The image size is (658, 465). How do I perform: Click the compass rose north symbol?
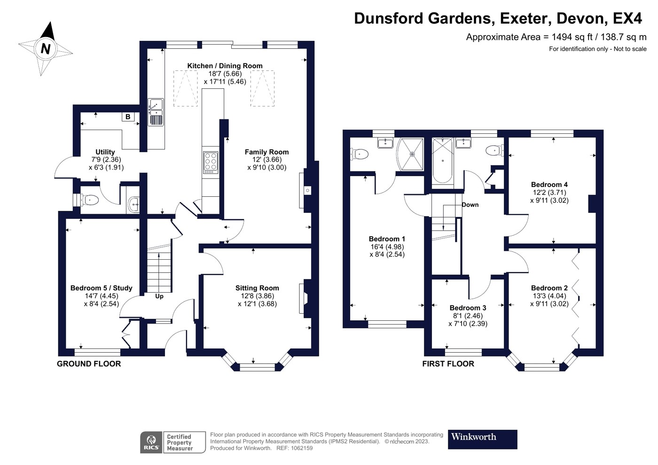coord(46,48)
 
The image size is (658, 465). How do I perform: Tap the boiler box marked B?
coord(128,117)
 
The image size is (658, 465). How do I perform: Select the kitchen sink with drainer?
coord(156,112)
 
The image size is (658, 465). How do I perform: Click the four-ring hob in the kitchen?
coord(211,162)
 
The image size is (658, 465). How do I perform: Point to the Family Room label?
coord(266,152)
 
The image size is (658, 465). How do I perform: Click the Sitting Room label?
coord(257,288)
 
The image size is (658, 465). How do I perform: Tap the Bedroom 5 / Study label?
coord(101,288)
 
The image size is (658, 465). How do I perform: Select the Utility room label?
coord(105,152)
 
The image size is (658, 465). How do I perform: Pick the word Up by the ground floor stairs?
coord(159,296)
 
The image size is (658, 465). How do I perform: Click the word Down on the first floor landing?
coord(470,205)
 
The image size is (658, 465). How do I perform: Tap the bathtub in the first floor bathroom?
coord(442,161)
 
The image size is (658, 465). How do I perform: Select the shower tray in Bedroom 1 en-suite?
coord(411,154)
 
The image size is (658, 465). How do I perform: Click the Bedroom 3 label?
coord(468,308)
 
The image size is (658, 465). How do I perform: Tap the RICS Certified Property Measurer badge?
coord(173,442)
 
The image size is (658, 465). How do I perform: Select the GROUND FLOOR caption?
coord(89,364)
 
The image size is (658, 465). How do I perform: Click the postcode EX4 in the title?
coord(627,18)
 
